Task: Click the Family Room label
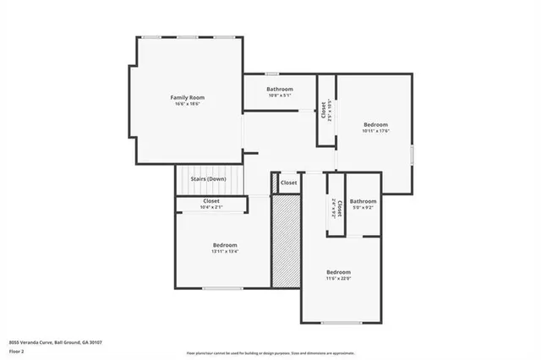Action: [x=187, y=97]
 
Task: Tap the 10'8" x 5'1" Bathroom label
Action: [x=280, y=89]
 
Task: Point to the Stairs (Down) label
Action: [x=208, y=179]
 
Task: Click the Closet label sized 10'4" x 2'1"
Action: [x=211, y=201]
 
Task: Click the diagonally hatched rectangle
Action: [x=287, y=241]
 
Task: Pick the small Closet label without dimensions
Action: [x=289, y=183]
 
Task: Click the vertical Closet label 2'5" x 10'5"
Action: [x=325, y=110]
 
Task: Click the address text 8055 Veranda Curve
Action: [x=54, y=341]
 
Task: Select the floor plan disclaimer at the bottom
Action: [x=270, y=352]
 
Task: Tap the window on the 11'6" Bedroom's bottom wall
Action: [x=342, y=323]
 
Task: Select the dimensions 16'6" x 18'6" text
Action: [x=187, y=104]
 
